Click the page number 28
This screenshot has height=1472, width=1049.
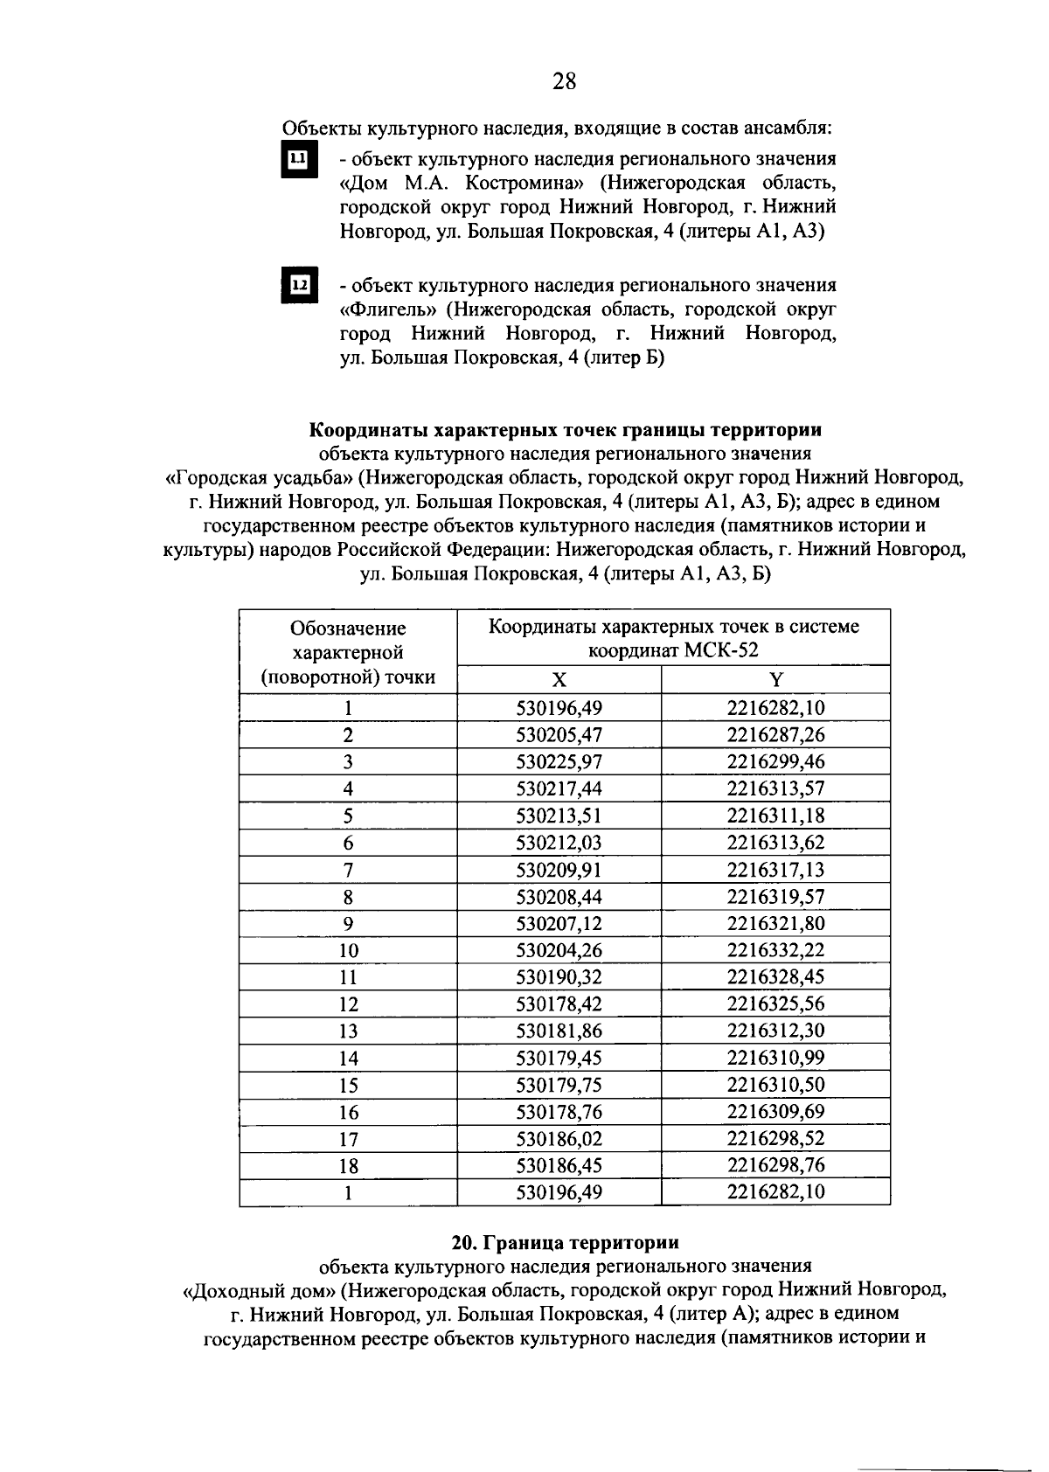[565, 82]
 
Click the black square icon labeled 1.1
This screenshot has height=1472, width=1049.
[298, 159]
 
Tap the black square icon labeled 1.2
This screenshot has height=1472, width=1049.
[298, 285]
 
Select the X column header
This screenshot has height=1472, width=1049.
[559, 681]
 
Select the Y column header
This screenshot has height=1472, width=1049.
[775, 681]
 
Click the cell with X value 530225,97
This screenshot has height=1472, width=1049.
[559, 762]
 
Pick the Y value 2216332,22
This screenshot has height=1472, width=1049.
[775, 950]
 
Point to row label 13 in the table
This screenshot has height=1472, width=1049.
[348, 1031]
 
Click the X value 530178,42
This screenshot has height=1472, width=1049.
[559, 1004]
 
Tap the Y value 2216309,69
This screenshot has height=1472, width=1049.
[775, 1112]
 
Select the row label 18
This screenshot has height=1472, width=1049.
[348, 1166]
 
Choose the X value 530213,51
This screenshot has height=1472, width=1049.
[559, 816]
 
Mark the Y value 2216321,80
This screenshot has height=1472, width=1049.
[775, 924]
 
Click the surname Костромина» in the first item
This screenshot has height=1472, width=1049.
[524, 184]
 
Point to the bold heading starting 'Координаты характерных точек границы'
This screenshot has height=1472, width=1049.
[565, 431]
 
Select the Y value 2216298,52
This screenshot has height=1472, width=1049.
[775, 1139]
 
